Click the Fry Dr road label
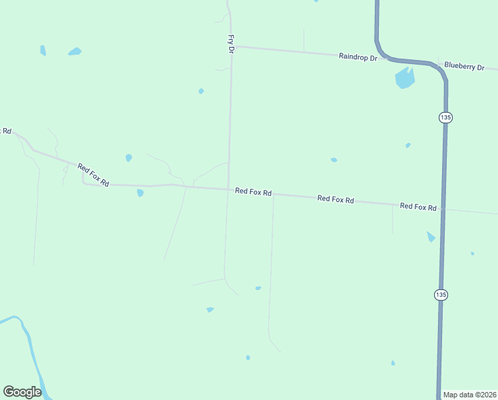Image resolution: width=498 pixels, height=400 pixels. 231,44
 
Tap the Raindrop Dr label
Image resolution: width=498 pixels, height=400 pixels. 358,57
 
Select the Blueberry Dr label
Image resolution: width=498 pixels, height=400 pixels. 465,66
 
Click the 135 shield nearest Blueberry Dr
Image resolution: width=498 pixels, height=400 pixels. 445,117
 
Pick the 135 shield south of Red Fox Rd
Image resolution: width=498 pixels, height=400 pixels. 441,294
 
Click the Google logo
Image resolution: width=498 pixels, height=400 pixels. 23,392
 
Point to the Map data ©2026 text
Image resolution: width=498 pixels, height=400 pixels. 470,394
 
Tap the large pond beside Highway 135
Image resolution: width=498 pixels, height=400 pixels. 404,78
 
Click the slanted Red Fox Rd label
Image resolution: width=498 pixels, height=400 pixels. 93,175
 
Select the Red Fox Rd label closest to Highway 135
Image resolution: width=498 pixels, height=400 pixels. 418,207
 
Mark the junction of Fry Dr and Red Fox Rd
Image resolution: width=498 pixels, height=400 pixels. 228,189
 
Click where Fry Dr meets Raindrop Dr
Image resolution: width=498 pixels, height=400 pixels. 232,47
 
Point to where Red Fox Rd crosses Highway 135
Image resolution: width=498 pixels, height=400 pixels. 443,209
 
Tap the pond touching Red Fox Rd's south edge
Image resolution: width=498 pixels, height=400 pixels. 140,193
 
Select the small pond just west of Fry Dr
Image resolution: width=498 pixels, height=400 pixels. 201,91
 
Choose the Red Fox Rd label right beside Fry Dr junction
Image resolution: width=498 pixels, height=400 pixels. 253,192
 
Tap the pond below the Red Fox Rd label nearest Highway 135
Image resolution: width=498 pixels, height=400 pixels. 431,236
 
